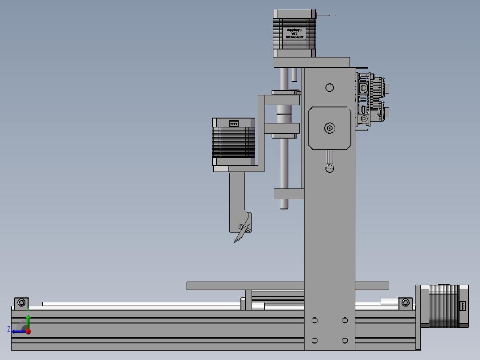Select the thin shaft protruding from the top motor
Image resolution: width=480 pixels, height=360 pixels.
tap(325, 16)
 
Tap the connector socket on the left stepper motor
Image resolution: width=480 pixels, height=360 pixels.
tap(233, 123)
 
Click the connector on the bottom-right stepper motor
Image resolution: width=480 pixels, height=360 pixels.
tap(463, 306)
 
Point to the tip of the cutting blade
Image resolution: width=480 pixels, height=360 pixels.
tap(235, 242)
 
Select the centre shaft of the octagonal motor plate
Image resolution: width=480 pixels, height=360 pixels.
tap(329, 128)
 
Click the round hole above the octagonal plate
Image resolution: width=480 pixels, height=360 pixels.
tap(329, 87)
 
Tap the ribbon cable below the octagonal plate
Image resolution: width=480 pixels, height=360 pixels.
tap(329, 156)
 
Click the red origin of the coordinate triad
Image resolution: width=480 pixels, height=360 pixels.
tap(28, 331)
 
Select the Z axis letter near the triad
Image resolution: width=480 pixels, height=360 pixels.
tap(9, 329)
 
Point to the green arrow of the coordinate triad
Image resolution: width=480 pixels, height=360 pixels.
tap(28, 320)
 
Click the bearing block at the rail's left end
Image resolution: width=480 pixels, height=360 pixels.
tap(21, 303)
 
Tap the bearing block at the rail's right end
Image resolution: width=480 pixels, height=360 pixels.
tap(405, 303)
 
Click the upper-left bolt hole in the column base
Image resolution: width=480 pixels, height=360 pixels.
tap(315, 320)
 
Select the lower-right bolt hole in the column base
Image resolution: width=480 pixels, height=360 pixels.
tap(345, 340)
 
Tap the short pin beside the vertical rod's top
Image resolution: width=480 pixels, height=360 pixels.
tap(294, 74)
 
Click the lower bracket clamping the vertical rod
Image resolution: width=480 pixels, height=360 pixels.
tap(289, 193)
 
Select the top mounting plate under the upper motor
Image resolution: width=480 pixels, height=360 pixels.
tap(312, 62)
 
